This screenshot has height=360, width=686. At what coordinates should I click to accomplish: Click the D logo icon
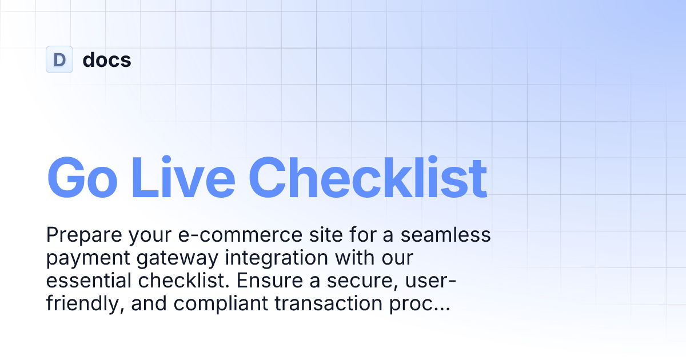tap(59, 59)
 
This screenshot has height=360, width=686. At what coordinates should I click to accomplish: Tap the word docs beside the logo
tap(107, 60)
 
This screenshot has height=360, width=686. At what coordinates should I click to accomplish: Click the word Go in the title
tap(82, 177)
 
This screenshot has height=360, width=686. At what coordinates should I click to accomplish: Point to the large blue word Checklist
tap(368, 177)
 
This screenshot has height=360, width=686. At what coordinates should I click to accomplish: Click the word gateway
tap(171, 258)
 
